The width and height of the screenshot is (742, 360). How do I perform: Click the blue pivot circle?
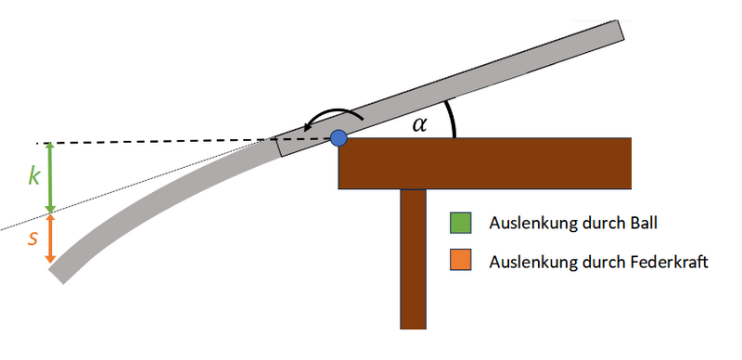(x=339, y=138)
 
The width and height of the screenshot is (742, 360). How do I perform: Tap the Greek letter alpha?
(x=420, y=123)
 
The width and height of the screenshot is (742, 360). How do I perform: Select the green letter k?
(x=33, y=176)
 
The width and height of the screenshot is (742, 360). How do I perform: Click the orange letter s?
(x=32, y=238)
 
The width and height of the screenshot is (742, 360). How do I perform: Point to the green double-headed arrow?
(x=50, y=176)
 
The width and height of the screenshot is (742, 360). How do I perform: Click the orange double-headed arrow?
(x=50, y=238)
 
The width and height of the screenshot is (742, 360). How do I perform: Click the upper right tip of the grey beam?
(x=620, y=31)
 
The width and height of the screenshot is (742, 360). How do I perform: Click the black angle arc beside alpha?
(x=451, y=119)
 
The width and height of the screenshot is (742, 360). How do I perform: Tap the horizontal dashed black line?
(x=158, y=142)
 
